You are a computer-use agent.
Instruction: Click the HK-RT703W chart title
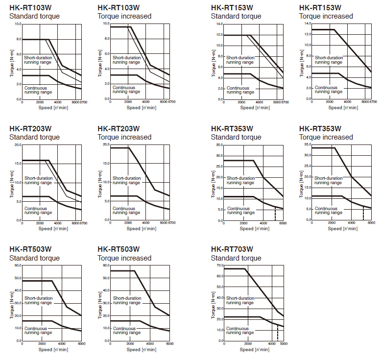[x=232, y=249]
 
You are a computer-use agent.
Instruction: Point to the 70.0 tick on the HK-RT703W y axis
[x=218, y=265]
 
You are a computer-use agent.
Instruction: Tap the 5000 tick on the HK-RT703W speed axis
[x=283, y=344]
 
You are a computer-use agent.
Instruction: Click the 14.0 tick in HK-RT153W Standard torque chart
[x=218, y=24]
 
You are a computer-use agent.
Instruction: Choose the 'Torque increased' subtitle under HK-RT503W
[x=124, y=258]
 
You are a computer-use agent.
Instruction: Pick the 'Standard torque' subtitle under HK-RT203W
[x=34, y=137]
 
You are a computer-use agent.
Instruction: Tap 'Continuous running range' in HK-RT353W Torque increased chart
[x=328, y=211]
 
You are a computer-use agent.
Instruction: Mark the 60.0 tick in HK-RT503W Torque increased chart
[x=105, y=265]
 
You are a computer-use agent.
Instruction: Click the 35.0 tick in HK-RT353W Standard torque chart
[x=218, y=145]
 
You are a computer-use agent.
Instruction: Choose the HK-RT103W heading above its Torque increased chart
[x=119, y=7]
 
